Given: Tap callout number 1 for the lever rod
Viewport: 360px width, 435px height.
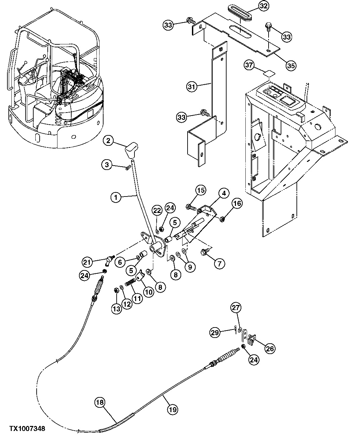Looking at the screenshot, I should point(115,197).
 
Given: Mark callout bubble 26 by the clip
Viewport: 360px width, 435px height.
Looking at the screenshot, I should point(270,348).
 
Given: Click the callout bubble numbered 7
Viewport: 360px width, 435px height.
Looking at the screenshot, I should point(219,263).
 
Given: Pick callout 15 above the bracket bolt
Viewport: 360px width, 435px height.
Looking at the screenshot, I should point(200,191).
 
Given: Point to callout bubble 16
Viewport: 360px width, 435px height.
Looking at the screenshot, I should point(237,204).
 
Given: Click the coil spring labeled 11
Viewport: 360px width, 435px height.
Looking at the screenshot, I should point(130,283).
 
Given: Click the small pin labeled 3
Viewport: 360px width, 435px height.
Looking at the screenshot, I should point(128,168).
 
